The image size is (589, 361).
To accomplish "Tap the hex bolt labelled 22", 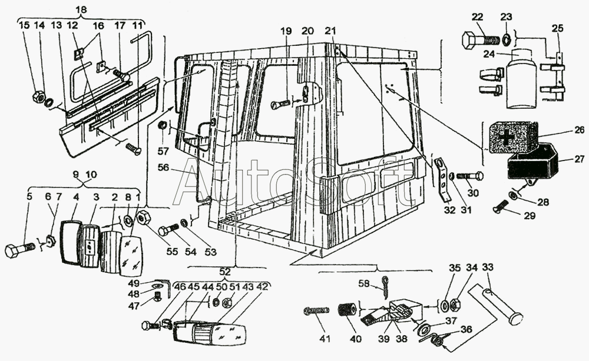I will (479, 41).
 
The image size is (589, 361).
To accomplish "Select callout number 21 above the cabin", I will (330, 31).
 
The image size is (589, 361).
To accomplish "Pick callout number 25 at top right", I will (557, 28).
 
